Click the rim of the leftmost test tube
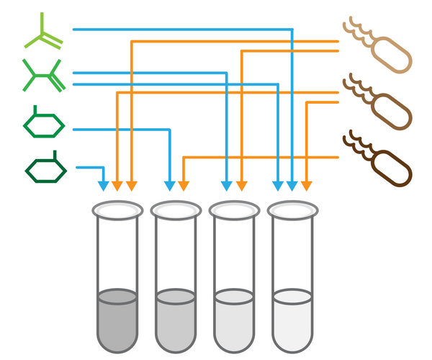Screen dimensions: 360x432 click(x=117, y=210)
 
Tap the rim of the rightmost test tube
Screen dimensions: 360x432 click(x=292, y=210)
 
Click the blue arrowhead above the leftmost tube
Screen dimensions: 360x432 click(x=103, y=185)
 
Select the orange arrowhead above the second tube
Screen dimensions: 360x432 click(x=184, y=185)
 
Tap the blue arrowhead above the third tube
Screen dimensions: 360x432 click(x=227, y=185)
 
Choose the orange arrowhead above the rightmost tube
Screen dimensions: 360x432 click(x=307, y=185)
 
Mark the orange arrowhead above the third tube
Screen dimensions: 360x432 click(x=241, y=185)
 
